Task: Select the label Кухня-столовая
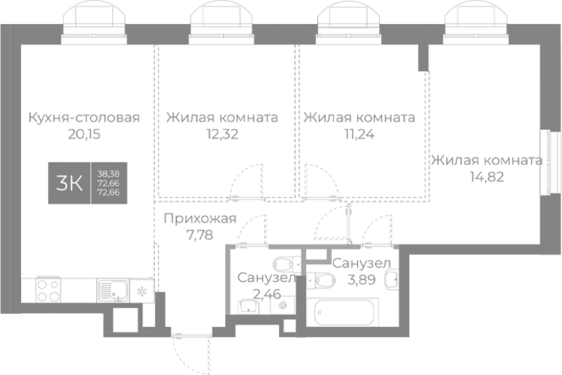(83, 117)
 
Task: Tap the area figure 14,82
(486, 176)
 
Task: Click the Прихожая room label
(200, 218)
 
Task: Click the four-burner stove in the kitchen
(48, 290)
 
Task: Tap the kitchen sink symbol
(112, 290)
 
